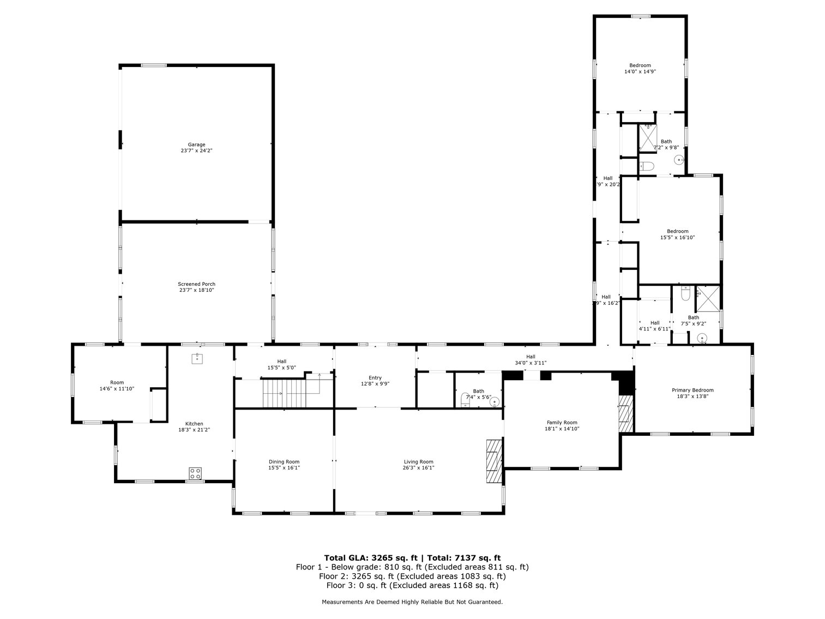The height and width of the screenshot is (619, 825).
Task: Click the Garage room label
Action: pos(196,145)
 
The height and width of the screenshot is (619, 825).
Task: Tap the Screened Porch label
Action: pos(196,284)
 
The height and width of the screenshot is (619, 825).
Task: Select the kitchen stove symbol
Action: pos(196,473)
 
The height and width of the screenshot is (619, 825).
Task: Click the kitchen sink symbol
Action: pos(196,358)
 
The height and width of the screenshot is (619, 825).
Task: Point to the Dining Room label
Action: pos(284,462)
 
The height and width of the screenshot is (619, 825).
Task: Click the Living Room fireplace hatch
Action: pos(493,460)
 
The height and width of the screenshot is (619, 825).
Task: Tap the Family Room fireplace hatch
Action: pos(625,413)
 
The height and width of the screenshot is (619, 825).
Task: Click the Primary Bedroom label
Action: pos(692,390)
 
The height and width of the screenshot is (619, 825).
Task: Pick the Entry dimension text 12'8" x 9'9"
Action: pos(375,384)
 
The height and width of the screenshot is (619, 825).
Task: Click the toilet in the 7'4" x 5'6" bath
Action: pos(465,400)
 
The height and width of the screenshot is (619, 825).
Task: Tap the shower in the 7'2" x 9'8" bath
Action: pos(648,137)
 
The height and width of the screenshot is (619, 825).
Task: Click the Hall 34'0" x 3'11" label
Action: pos(530,357)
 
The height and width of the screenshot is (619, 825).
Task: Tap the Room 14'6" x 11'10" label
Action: pos(117,383)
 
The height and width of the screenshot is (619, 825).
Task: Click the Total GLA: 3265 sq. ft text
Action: pos(371,557)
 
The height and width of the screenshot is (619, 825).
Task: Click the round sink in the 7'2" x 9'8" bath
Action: pos(679,160)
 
